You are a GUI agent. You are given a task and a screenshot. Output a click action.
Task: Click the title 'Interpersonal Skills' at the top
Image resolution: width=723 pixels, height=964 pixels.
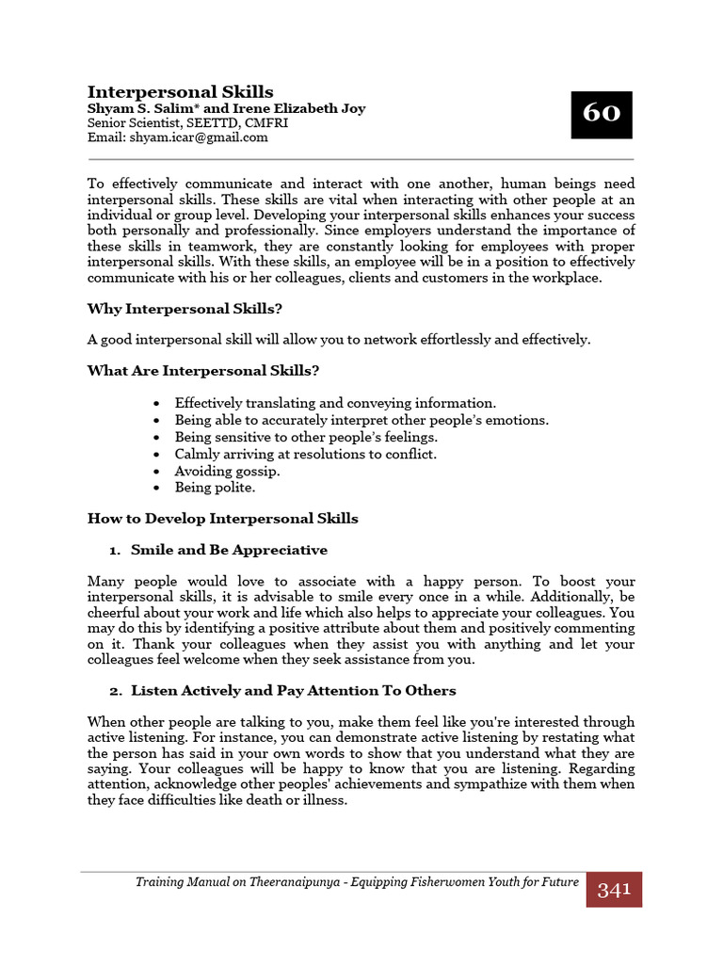tap(180, 91)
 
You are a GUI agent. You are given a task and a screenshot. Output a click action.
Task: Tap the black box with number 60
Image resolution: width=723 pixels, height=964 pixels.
tap(602, 114)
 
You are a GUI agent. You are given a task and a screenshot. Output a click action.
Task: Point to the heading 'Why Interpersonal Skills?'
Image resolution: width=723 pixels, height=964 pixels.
tap(185, 308)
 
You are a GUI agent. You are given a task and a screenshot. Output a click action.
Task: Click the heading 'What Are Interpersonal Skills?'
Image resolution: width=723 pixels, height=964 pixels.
tap(201, 370)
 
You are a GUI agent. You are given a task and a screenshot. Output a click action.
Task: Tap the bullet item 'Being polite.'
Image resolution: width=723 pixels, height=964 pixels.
tap(215, 488)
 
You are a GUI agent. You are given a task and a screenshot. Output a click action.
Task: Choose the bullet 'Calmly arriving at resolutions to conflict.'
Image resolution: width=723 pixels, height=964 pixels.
tap(305, 454)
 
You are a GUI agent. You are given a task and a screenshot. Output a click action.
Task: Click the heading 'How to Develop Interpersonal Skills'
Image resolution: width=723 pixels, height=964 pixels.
tap(222, 519)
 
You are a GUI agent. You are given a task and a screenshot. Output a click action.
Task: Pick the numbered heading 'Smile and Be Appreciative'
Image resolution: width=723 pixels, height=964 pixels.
tap(229, 550)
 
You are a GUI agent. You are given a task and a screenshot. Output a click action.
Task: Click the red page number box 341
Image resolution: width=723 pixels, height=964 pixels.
tap(614, 889)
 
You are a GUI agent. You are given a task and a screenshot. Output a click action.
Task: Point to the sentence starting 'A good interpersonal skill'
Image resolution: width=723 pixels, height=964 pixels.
tap(339, 339)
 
